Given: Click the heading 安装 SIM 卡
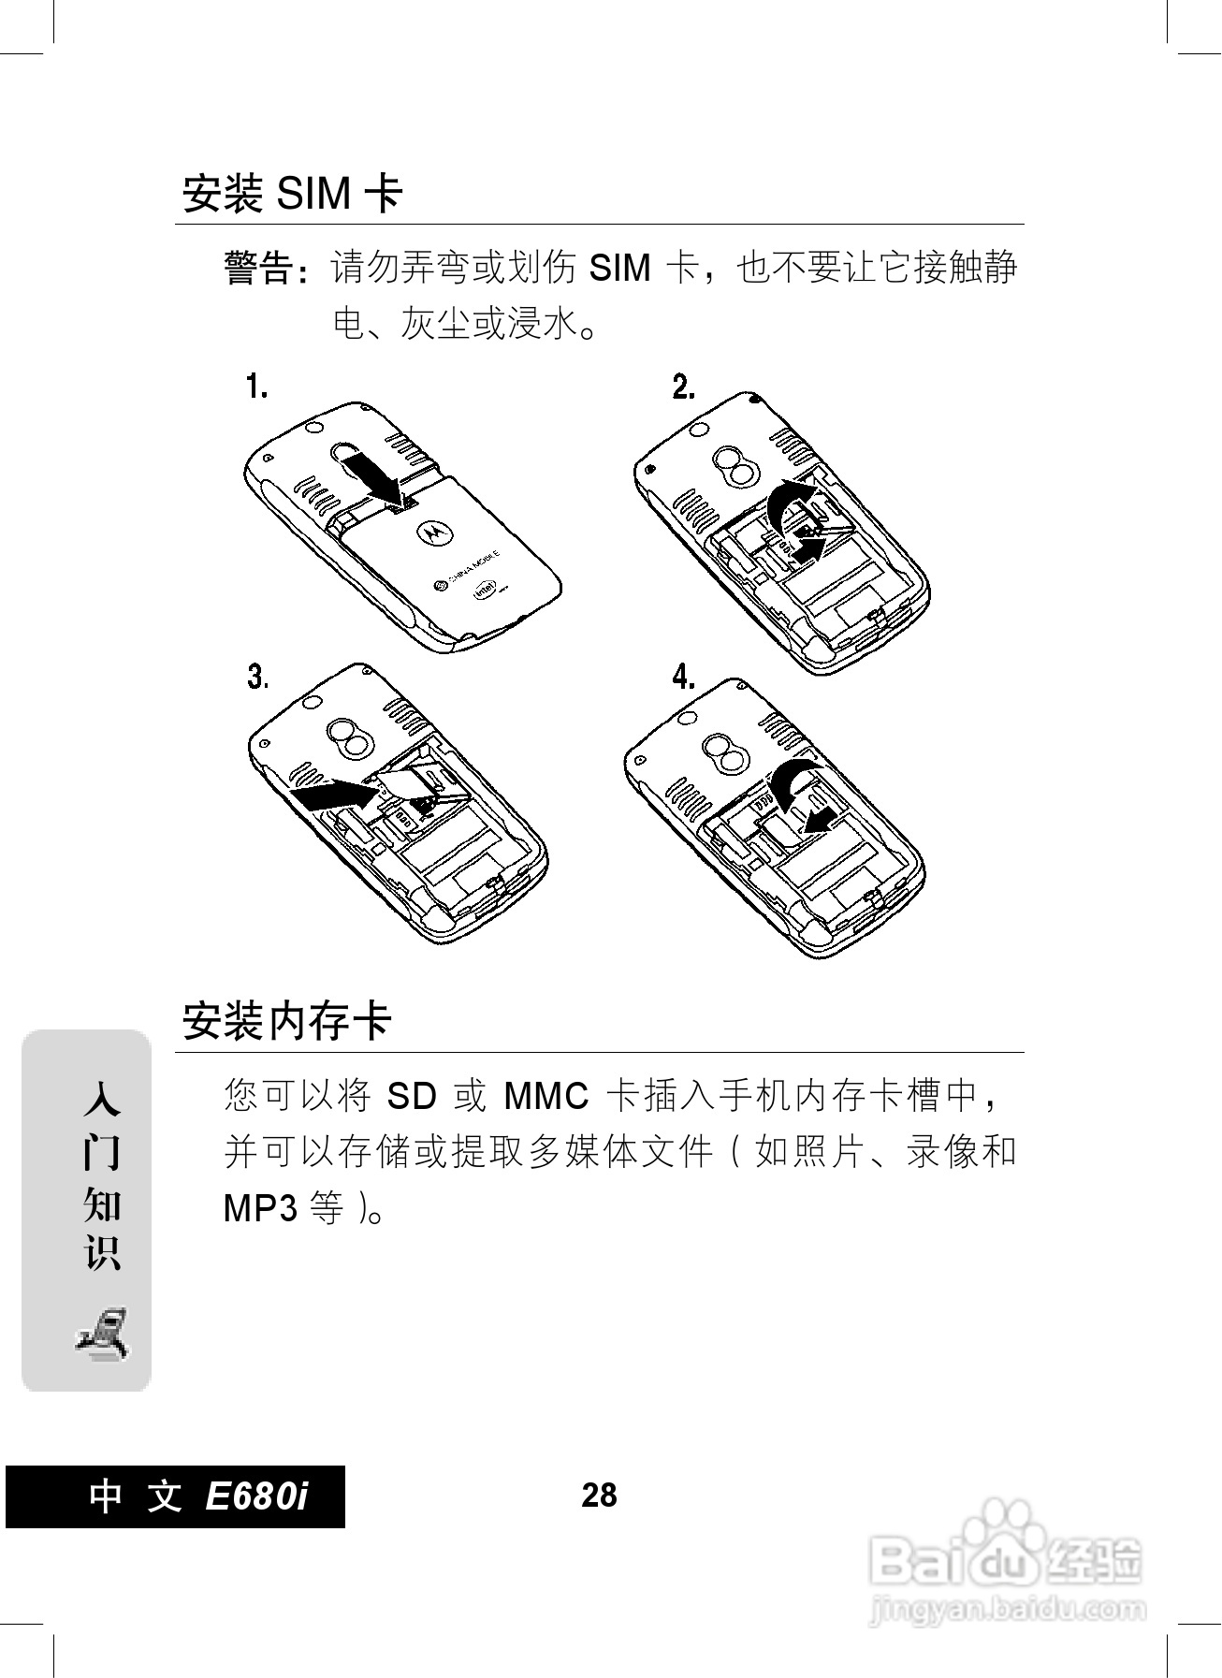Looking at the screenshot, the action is [292, 195].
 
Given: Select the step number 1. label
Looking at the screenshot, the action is [257, 387].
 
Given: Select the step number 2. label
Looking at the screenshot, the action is [683, 387].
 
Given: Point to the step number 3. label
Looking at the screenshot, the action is [257, 677].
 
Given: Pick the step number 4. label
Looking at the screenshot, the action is [683, 677].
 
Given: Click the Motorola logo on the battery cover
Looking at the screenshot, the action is [432, 531].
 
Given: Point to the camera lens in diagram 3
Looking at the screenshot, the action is [348, 738].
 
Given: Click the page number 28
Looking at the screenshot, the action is [599, 1495].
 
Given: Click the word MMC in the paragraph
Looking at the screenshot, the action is [546, 1096].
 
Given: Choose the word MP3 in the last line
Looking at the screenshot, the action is [260, 1209].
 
